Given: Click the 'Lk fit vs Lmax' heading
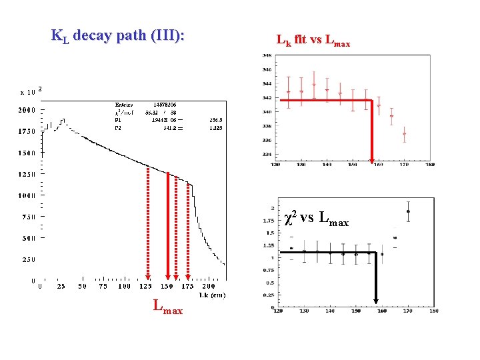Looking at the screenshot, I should tap(313, 41).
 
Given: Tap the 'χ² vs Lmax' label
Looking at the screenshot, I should tap(316, 218).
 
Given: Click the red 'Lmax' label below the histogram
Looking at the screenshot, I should tap(167, 307).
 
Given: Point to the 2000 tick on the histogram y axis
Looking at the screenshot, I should tap(27, 110).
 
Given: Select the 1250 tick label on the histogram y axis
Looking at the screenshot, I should tap(27, 175).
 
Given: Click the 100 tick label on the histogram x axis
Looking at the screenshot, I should tap(125, 286).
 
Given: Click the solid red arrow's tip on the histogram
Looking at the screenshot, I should tap(167, 277).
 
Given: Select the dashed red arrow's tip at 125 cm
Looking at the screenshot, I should tap(148, 277).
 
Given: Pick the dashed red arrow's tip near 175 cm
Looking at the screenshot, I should tap(188, 277).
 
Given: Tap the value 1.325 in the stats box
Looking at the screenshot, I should tap(216, 127).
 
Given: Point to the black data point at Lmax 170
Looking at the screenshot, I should tap(407, 211).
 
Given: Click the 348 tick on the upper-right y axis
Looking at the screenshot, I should tap(266, 55).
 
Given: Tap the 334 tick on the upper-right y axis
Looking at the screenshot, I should tap(266, 155).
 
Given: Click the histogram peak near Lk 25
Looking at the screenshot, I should tap(63, 120).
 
